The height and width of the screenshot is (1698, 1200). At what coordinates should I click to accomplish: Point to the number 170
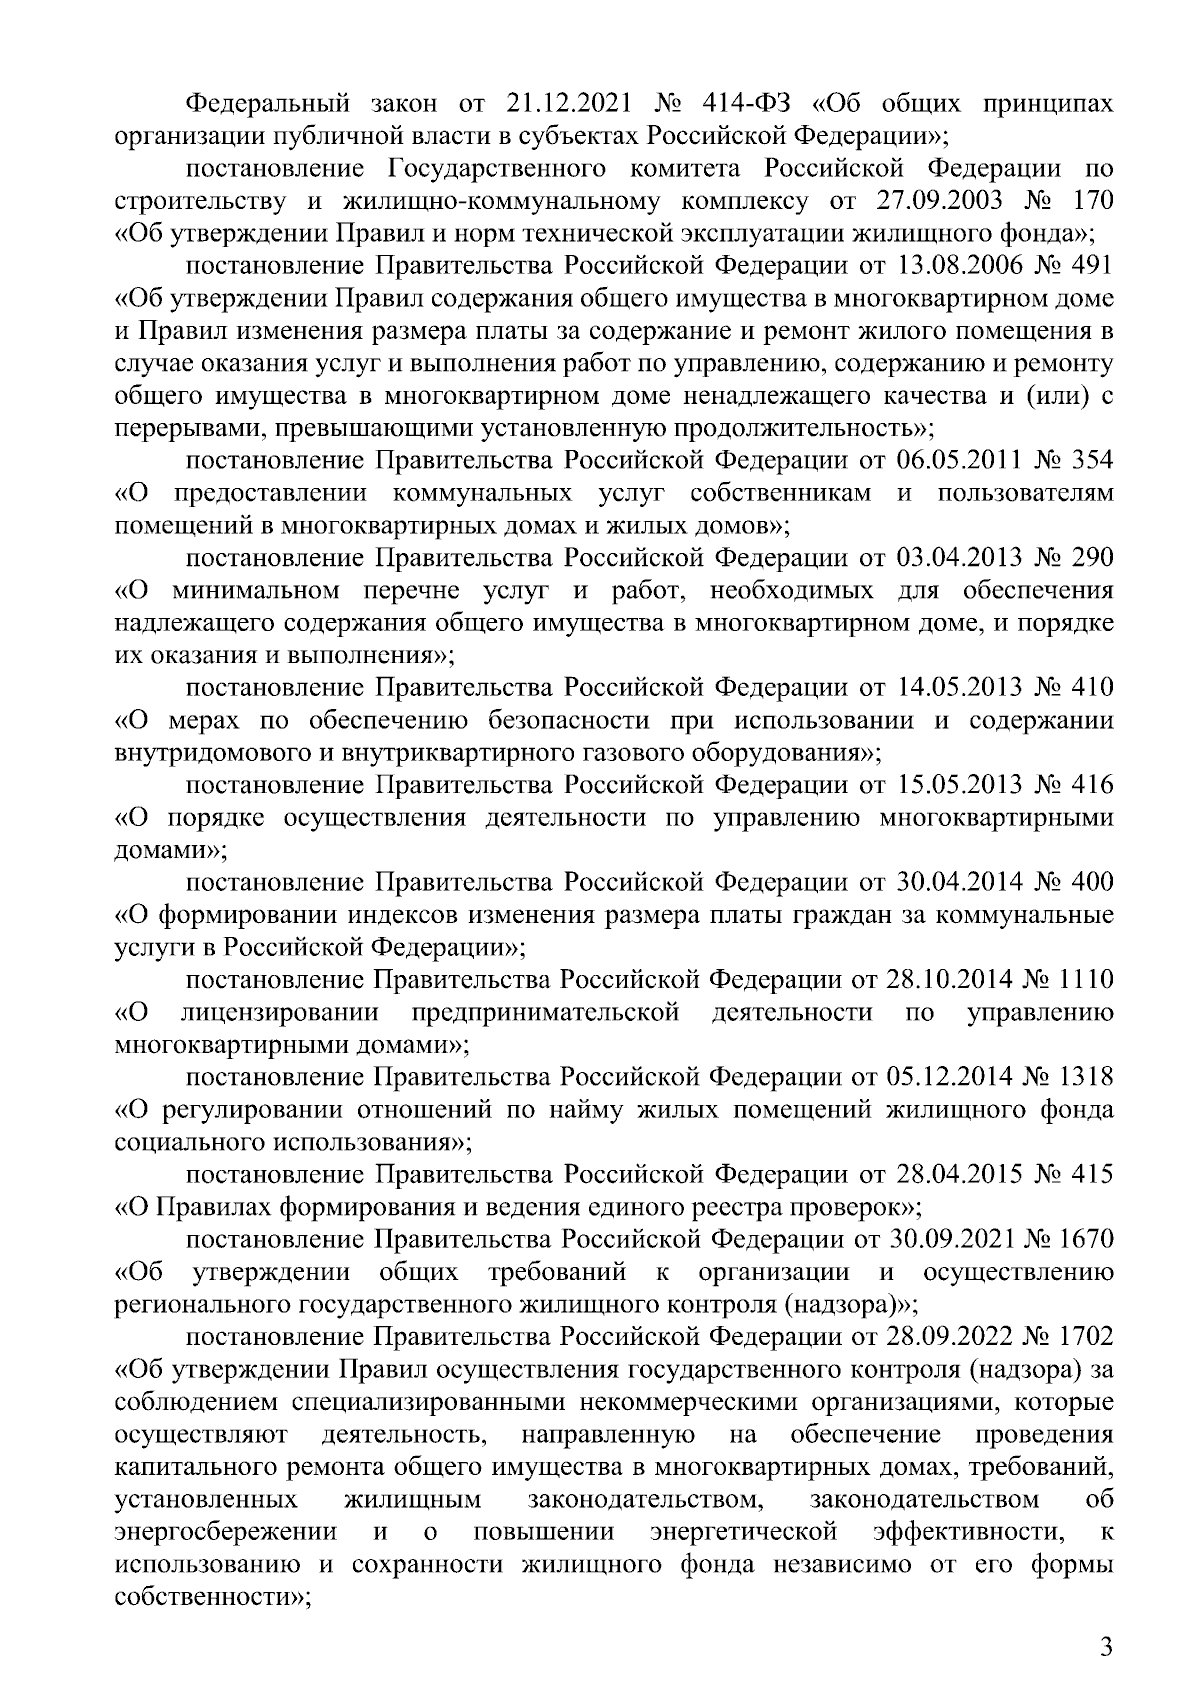1092,200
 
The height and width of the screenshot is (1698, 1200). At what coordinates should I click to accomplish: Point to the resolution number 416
1092,785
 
